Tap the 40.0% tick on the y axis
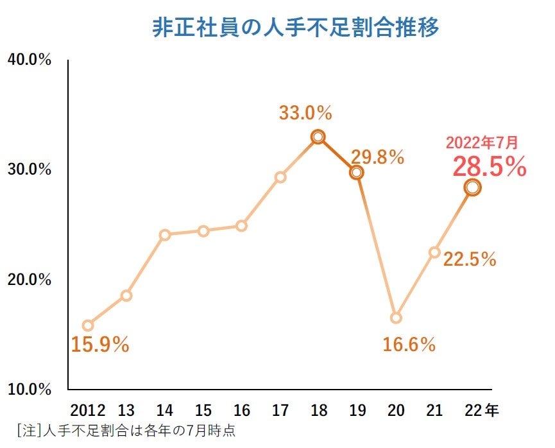pyautogui.click(x=29, y=60)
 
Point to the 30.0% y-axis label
pyautogui.click(x=29, y=169)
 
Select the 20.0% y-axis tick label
pyautogui.click(x=29, y=280)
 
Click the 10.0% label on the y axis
pyautogui.click(x=29, y=389)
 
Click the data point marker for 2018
pyautogui.click(x=318, y=137)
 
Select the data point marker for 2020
pyautogui.click(x=396, y=318)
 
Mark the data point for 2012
pyautogui.click(x=88, y=325)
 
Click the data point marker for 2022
pyautogui.click(x=473, y=187)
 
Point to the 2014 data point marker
pyautogui.click(x=165, y=235)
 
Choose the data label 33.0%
pyautogui.click(x=305, y=114)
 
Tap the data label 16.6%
pyautogui.click(x=409, y=345)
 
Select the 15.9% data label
pyautogui.click(x=100, y=345)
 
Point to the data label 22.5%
pyautogui.click(x=470, y=259)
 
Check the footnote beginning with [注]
pyautogui.click(x=126, y=429)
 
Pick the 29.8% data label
pyautogui.click(x=377, y=157)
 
